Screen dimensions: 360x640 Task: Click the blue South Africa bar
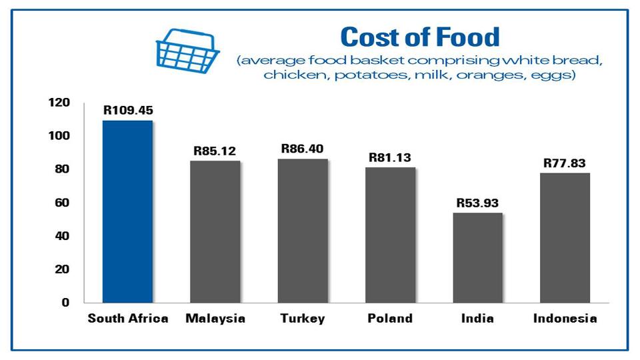127,211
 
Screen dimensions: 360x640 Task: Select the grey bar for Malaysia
215,231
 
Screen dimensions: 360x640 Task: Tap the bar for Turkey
303,230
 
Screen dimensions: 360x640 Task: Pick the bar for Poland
390,235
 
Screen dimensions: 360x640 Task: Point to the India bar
477,257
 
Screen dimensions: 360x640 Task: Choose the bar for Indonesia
565,237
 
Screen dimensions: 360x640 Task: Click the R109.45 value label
128,110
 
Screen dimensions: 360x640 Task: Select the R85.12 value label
215,151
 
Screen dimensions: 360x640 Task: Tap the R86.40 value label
303,148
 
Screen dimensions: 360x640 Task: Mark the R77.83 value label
565,163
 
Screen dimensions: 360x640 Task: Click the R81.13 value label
390,158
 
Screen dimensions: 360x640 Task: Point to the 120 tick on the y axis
59,103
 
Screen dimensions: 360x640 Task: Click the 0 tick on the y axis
65,303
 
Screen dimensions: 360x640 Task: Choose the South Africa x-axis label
128,319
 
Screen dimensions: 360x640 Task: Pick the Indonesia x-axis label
565,319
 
